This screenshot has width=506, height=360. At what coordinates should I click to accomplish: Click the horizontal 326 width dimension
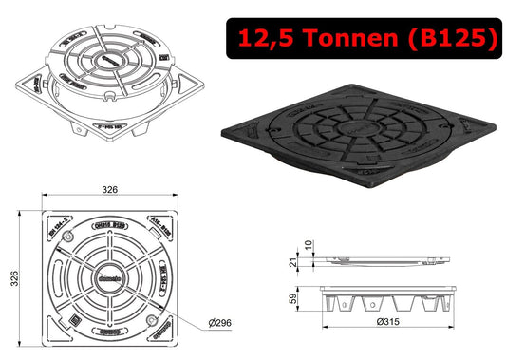pyautogui.click(x=110, y=191)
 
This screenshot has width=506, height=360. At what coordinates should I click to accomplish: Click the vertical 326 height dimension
pyautogui.click(x=12, y=276)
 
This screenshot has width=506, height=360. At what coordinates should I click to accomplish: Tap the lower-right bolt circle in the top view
pyautogui.click(x=149, y=317)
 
